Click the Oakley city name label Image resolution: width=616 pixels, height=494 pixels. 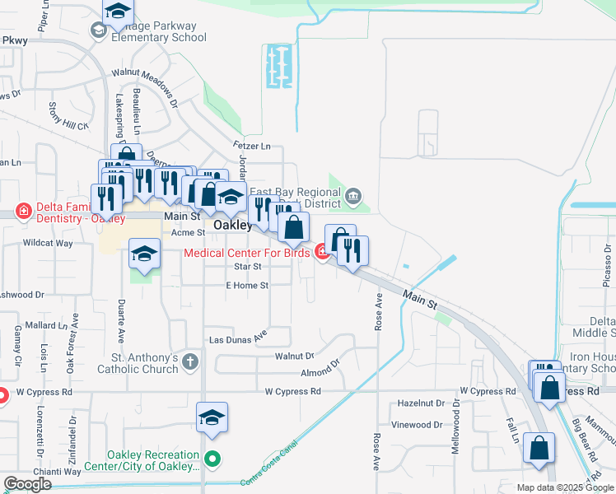click(x=232, y=225)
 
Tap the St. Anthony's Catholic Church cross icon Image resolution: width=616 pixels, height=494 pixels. click(x=190, y=361)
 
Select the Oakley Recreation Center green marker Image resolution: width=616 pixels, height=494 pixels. click(x=213, y=459)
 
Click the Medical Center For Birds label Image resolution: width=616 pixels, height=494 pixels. click(x=246, y=253)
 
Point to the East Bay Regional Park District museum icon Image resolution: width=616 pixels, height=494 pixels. click(x=353, y=196)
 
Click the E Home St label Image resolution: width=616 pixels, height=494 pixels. click(x=247, y=285)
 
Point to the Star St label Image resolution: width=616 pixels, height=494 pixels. click(x=247, y=266)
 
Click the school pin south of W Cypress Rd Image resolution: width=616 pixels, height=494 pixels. click(x=212, y=419)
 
